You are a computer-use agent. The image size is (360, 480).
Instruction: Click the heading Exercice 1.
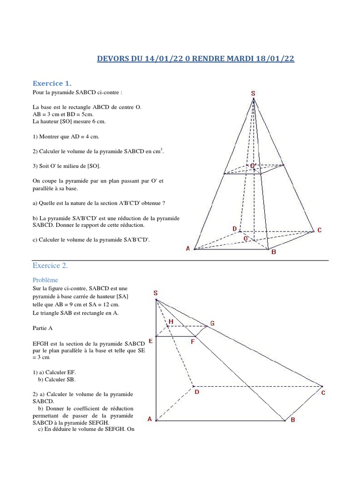pyautogui.click(x=52, y=83)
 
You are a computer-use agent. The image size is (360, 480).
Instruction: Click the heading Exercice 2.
pyautogui.click(x=50, y=266)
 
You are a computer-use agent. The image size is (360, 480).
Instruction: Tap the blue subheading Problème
pyautogui.click(x=46, y=279)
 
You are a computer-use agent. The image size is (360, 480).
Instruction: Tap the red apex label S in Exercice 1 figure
pyautogui.click(x=253, y=93)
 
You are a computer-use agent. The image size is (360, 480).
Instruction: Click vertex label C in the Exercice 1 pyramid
pyautogui.click(x=319, y=230)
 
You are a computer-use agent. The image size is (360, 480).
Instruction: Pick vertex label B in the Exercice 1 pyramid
pyautogui.click(x=274, y=252)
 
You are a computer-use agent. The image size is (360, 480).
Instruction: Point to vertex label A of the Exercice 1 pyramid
pyautogui.click(x=188, y=248)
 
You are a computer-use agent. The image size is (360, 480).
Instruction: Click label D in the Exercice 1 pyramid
pyautogui.click(x=234, y=228)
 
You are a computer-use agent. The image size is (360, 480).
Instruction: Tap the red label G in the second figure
pyautogui.click(x=212, y=323)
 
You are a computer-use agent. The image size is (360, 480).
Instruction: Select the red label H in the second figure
pyautogui.click(x=171, y=322)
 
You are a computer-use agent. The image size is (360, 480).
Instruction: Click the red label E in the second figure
pyautogui.click(x=150, y=341)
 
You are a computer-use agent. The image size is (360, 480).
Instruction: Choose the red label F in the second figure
pyautogui.click(x=193, y=342)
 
